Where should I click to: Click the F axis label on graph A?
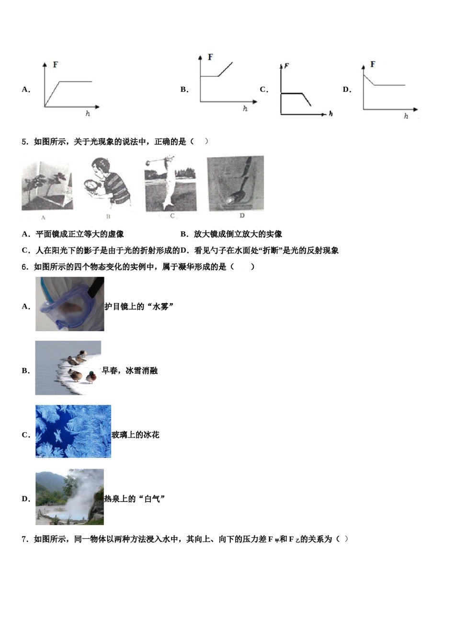pyautogui.click(x=56, y=65)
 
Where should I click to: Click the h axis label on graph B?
pyautogui.click(x=245, y=109)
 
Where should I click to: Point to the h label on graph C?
pyautogui.click(x=330, y=114)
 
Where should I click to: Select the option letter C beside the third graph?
pyautogui.click(x=263, y=90)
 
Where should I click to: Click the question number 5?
pyautogui.click(x=25, y=141)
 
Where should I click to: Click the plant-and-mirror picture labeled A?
pyautogui.click(x=47, y=186)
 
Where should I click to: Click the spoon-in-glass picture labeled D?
pyautogui.click(x=235, y=183)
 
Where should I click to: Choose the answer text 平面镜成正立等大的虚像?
pyautogui.click(x=80, y=234)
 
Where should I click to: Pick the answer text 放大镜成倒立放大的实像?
pyautogui.click(x=238, y=234)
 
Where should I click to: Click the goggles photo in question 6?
pyautogui.click(x=69, y=304)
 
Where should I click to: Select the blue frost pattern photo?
pyautogui.click(x=73, y=431)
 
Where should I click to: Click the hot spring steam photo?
pyautogui.click(x=69, y=497)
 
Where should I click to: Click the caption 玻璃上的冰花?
pyautogui.click(x=135, y=435)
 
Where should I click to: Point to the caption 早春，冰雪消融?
pyautogui.click(x=129, y=371)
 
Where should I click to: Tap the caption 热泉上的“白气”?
pyautogui.click(x=135, y=499)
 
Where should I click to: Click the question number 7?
pyautogui.click(x=25, y=540)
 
